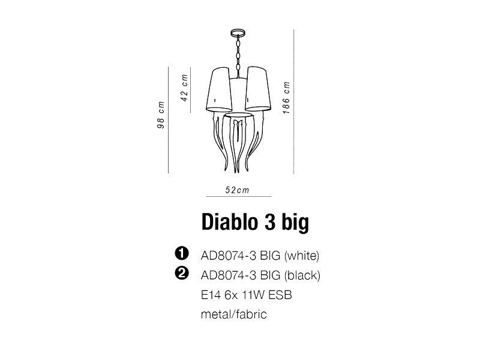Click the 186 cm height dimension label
tap(286, 98)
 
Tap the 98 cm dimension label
tap(161, 115)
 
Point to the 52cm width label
tap(237, 190)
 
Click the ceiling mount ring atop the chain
tap(238, 32)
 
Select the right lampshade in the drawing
tap(257, 89)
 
